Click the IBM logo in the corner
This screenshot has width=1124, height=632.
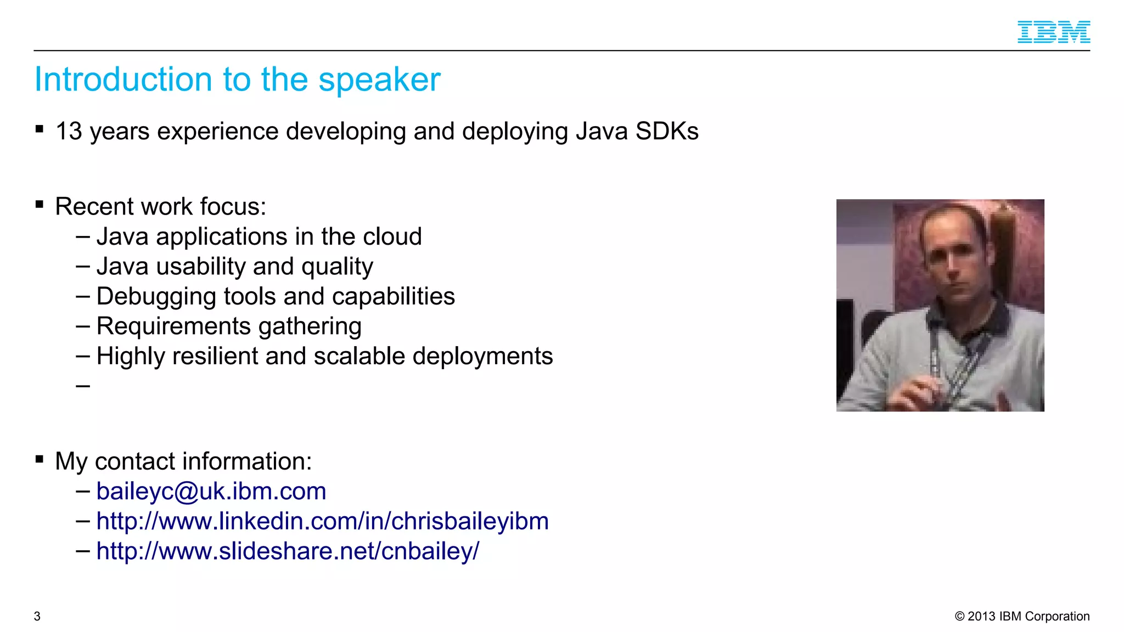(x=1053, y=32)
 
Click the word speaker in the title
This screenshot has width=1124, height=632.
(x=379, y=80)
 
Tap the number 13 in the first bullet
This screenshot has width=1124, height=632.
(x=69, y=132)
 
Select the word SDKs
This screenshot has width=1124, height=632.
(x=667, y=132)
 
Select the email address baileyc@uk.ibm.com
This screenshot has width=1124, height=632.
(x=211, y=492)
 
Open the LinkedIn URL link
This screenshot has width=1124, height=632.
(x=322, y=521)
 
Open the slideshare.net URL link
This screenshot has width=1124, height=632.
(x=288, y=551)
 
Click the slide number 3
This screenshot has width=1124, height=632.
(x=37, y=617)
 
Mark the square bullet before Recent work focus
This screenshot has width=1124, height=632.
(x=40, y=205)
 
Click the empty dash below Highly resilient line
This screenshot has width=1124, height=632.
(x=83, y=387)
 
